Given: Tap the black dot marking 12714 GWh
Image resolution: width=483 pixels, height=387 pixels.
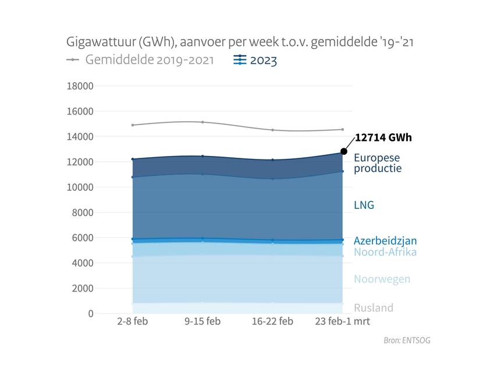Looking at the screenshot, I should (x=344, y=151).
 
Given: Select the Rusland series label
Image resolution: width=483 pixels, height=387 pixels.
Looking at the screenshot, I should (x=374, y=308).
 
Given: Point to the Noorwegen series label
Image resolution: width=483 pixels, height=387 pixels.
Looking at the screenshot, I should (x=382, y=279).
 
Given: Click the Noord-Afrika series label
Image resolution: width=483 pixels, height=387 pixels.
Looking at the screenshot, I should (x=385, y=252).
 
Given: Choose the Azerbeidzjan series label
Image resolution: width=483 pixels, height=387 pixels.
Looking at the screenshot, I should (x=385, y=240).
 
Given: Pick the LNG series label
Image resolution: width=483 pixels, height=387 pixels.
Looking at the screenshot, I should (x=364, y=205).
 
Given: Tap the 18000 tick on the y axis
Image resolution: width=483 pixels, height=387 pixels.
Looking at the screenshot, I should (x=80, y=86).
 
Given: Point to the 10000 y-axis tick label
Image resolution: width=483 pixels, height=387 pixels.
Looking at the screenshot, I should (x=80, y=187).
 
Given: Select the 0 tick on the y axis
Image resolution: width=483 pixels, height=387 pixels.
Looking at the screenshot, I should (x=90, y=314).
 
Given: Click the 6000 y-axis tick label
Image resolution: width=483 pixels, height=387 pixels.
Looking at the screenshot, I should (x=82, y=238).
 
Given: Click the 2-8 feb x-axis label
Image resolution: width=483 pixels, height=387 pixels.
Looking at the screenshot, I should (x=132, y=322).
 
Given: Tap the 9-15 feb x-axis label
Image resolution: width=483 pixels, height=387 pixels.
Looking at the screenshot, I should (x=203, y=322).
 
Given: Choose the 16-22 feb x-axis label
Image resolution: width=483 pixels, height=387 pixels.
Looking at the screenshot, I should (x=272, y=322).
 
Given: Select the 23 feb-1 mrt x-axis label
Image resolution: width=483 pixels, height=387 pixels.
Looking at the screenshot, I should (x=343, y=322).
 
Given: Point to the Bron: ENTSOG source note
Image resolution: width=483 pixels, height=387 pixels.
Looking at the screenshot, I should (x=407, y=340).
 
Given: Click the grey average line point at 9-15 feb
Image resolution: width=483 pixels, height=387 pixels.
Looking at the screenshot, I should (x=203, y=122).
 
